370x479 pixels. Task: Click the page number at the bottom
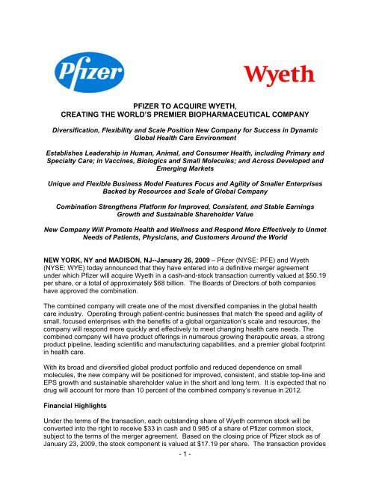click(185, 475)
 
